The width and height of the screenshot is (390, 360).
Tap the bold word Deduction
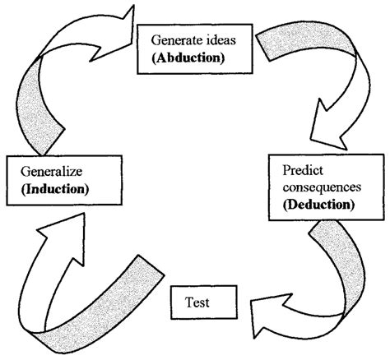316,203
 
